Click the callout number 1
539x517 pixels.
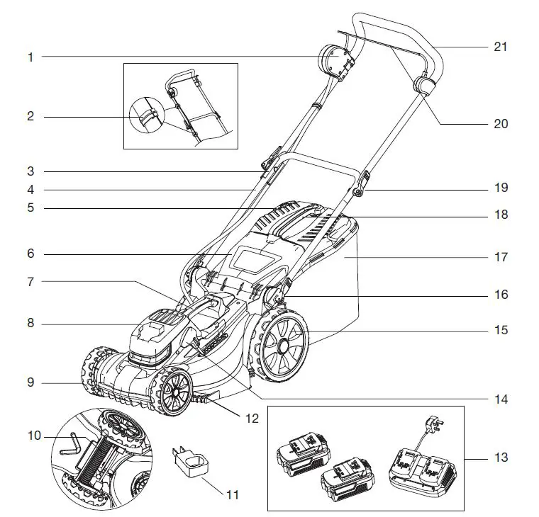[30, 57]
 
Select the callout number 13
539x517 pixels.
[501, 458]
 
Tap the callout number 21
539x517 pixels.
[501, 47]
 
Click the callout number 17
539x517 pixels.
[501, 257]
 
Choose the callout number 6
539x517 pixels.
[30, 254]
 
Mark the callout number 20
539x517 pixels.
[501, 123]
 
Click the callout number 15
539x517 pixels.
[501, 330]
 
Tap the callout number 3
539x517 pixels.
[30, 171]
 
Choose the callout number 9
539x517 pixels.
[30, 383]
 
